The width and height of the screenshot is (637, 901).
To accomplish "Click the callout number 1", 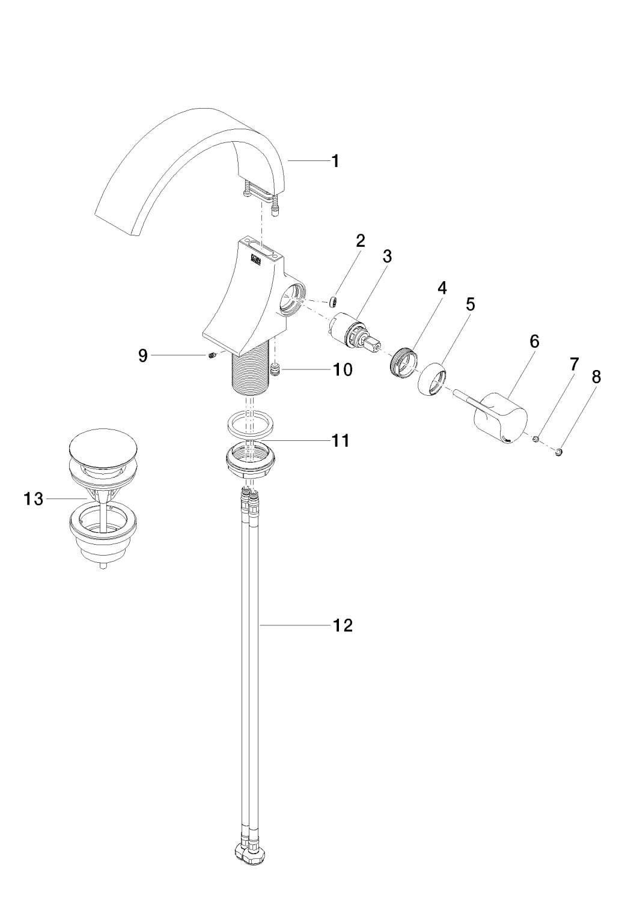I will pos(335,161).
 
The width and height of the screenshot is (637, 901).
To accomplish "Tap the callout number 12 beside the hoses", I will pos(343,625).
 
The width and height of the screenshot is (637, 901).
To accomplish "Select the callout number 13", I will pos(34,499).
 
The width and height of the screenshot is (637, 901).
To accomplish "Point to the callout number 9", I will pos(142,356).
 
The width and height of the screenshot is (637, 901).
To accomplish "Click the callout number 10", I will pos(343,369).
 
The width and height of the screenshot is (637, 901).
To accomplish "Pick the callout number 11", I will pos(341,441).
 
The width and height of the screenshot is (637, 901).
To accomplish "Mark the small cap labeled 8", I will pos(559,452).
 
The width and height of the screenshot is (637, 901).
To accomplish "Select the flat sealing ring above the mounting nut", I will pos(251,423).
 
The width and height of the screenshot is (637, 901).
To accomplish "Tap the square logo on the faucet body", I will pos(255,259).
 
